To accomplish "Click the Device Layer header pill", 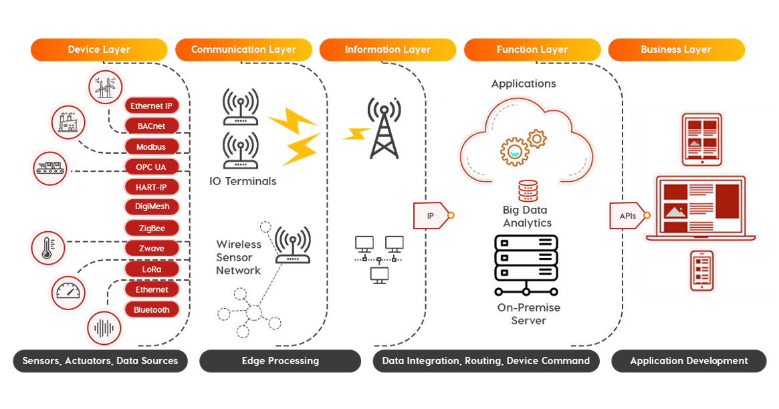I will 99,49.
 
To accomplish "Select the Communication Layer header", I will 243,49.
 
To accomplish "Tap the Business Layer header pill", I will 676,49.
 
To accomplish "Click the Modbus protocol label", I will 151,146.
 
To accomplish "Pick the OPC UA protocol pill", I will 151,167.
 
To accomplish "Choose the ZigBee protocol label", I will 151,228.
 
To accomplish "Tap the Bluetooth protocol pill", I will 151,310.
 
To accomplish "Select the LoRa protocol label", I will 151,269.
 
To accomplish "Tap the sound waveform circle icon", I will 104,327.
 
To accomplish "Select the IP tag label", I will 431,215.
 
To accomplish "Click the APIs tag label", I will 628,216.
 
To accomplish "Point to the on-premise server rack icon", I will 526,265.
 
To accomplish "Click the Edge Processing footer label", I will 280,361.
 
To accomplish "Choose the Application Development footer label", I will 689,361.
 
